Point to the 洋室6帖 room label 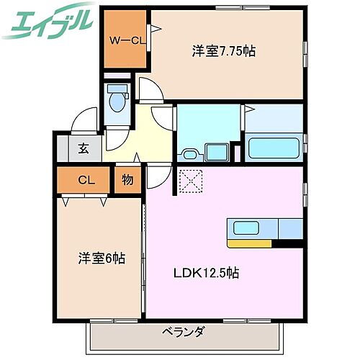[102, 257]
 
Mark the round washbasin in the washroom [190, 153]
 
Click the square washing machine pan [216, 152]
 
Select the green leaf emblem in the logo [20, 27]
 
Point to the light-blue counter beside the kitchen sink [289, 229]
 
